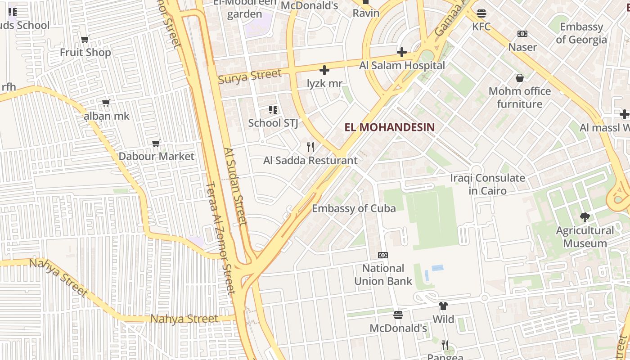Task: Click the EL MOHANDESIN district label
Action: coord(390,127)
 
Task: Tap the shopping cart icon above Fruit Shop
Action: coord(85,40)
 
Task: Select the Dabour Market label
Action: coord(156,157)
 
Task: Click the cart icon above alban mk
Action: coord(106,103)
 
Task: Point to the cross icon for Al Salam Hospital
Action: coord(402,52)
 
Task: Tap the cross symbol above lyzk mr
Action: coord(324,70)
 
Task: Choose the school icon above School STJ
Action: coord(273,110)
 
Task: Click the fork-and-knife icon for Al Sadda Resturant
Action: coord(310,147)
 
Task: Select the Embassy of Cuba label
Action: coord(354,208)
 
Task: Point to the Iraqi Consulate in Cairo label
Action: coord(488,184)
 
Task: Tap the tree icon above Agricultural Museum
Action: coord(585,217)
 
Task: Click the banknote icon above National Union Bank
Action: coord(383,255)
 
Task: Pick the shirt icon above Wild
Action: coord(443,306)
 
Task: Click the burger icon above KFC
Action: coord(481,13)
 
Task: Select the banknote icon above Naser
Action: coord(522,34)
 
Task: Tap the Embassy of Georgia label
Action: coord(581,33)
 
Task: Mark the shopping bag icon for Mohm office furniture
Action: coord(520,78)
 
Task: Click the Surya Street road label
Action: coord(250,76)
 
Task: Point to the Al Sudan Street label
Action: coord(235,186)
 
